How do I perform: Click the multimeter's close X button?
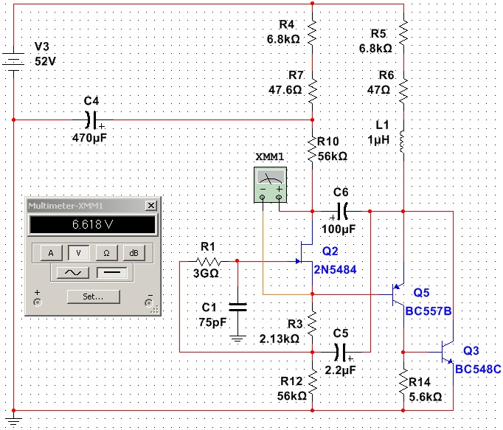(151, 205)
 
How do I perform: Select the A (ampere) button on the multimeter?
(51, 253)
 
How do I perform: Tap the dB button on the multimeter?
(133, 253)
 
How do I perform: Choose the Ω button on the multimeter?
(106, 253)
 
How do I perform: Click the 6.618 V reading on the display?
(92, 224)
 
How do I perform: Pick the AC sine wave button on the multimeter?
(73, 273)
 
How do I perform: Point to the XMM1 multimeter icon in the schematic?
(271, 185)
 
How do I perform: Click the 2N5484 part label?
(335, 269)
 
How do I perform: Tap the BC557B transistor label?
(429, 311)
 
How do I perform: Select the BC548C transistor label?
(478, 370)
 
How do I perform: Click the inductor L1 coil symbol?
(402, 141)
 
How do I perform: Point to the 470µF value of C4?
(89, 138)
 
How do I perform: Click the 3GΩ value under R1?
(206, 274)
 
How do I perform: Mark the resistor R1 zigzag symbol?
(209, 262)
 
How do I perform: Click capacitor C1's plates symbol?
(237, 307)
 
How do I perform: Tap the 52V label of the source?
(45, 61)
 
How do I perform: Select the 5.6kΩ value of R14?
(426, 397)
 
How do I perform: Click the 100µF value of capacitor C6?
(339, 229)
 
